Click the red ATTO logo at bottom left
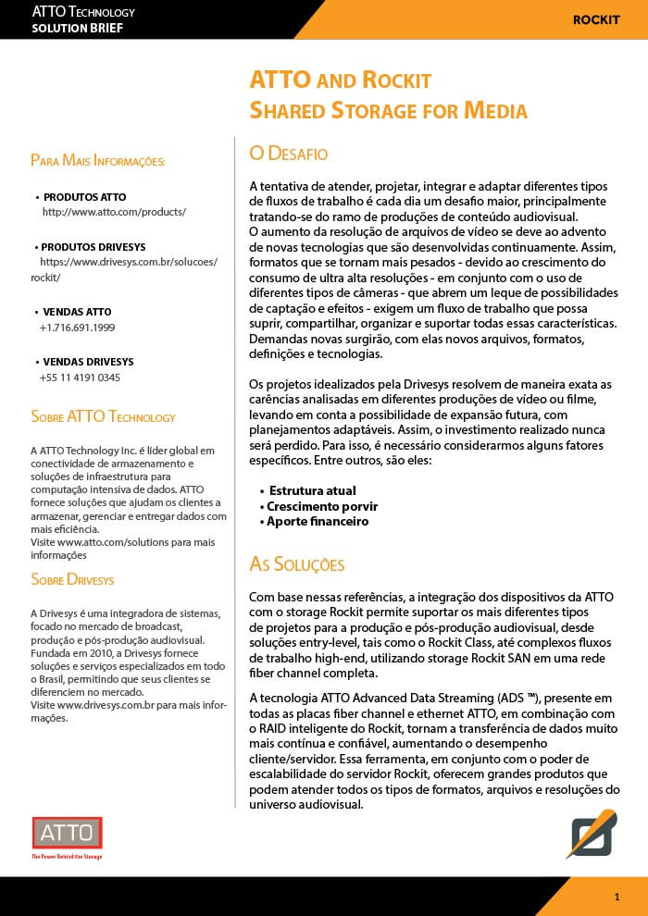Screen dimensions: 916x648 point(67,834)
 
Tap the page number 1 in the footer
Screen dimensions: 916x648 point(617,897)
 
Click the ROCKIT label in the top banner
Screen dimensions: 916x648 point(596,19)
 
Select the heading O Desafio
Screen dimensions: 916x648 point(289,154)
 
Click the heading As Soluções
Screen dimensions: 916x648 point(297,564)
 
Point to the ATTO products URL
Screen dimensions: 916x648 point(114,212)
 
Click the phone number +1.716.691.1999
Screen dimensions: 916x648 point(77,328)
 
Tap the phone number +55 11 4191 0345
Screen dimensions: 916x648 point(80,378)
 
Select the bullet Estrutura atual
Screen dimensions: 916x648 point(312,490)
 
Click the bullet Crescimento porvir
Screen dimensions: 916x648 point(322,506)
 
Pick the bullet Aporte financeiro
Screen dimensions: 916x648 point(318,521)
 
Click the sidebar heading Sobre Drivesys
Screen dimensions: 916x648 point(72,580)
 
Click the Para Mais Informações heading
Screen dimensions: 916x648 point(98,161)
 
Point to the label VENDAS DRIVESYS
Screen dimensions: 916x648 point(88,361)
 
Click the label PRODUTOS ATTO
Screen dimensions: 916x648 point(84,197)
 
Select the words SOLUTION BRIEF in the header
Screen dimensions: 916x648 point(77,28)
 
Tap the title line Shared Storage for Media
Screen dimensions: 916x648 point(388,111)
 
